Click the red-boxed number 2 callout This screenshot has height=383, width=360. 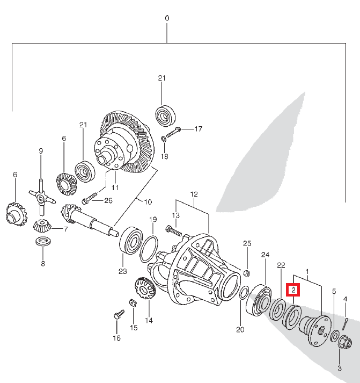(x=294, y=290)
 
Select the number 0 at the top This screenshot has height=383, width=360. (x=167, y=18)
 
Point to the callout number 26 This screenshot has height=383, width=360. (x=108, y=201)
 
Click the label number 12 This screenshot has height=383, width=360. (x=194, y=194)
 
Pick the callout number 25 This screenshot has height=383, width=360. (x=247, y=244)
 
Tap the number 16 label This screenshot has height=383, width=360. (x=116, y=338)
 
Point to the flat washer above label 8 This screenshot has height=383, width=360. (x=42, y=240)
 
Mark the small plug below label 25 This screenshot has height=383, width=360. (x=247, y=273)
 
